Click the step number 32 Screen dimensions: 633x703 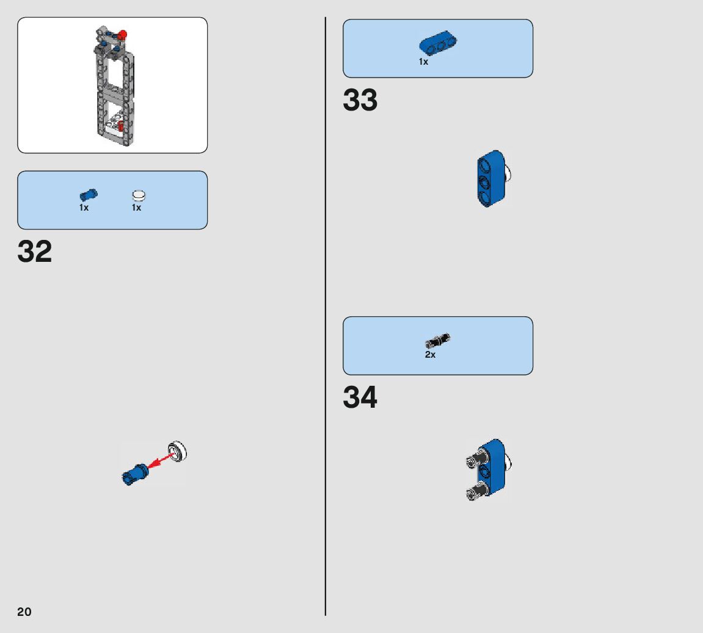tap(35, 251)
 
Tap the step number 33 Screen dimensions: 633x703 tap(360, 101)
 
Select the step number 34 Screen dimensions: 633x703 tap(360, 398)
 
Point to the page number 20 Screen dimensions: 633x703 tap(24, 612)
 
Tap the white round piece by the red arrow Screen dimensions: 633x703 tap(178, 452)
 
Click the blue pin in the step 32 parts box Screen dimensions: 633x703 tap(89, 195)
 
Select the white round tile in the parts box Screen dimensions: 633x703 tap(139, 195)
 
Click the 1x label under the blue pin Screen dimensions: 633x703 tap(84, 208)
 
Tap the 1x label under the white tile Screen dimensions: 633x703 tap(136, 208)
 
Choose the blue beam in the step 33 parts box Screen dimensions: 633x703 tap(439, 44)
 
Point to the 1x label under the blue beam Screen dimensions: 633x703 tap(423, 62)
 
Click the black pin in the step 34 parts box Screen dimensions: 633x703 tap(437, 341)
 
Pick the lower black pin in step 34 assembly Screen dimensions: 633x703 tap(476, 491)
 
